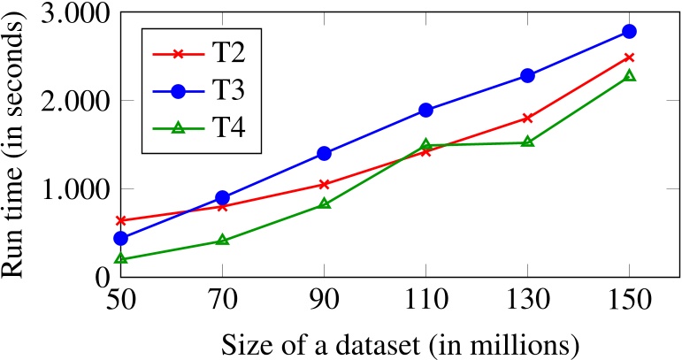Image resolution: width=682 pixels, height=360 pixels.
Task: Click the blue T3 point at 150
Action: pos(629,31)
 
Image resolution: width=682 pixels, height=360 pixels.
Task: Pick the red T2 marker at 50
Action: pos(121,220)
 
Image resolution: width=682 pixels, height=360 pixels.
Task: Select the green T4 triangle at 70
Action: pos(223,240)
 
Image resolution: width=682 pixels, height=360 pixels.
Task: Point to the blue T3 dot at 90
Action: pos(324,153)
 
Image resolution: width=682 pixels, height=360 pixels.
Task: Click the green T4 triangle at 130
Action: pos(527,142)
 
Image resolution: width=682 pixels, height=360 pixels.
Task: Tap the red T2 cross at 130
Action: pos(527,118)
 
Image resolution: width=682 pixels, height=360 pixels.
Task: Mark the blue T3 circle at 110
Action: pos(425,110)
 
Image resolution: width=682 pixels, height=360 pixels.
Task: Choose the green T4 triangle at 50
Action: pos(121,259)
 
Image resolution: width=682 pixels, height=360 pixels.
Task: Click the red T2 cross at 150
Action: pos(629,57)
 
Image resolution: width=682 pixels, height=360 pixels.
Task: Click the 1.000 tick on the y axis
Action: pos(72,189)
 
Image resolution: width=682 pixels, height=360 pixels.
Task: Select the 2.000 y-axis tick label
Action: pos(72,102)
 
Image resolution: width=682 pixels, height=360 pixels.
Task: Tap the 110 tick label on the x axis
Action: pos(425,301)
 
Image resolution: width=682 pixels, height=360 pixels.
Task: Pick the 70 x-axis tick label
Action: pos(223,301)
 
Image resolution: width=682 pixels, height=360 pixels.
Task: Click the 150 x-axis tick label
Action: pos(629,301)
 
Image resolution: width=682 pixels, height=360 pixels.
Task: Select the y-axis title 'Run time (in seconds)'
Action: pos(17,142)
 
